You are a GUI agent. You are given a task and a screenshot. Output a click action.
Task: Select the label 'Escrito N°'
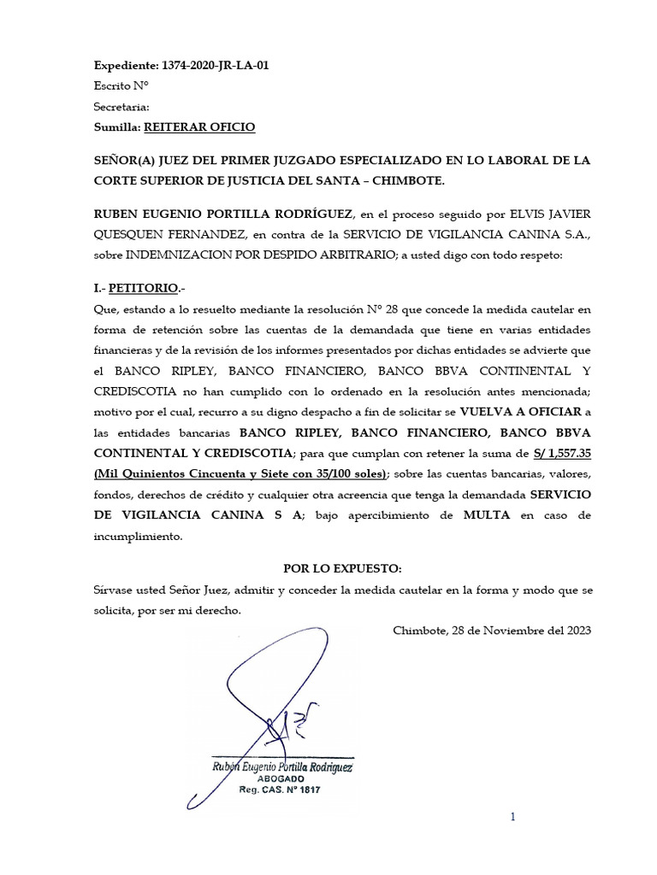(x=121, y=85)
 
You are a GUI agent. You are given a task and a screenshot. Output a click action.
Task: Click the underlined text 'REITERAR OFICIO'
(x=198, y=127)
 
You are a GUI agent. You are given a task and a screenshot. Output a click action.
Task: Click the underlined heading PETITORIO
(x=145, y=289)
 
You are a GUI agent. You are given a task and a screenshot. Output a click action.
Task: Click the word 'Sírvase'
(x=115, y=591)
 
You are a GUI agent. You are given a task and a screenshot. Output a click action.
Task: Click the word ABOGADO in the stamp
(x=281, y=781)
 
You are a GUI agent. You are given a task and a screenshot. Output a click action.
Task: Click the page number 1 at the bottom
(x=513, y=819)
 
